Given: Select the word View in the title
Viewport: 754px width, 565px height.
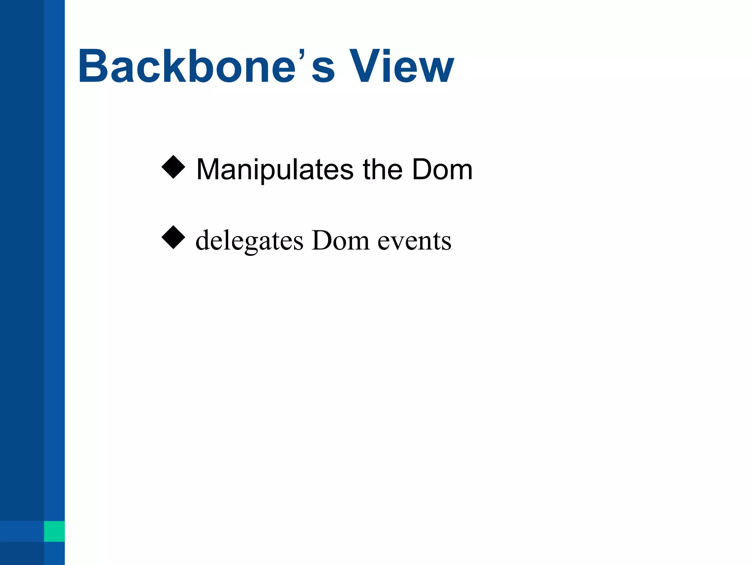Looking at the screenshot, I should (401, 67).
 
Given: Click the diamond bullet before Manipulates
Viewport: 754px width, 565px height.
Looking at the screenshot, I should (173, 167).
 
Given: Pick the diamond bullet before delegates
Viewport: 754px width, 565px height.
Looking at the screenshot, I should (173, 238).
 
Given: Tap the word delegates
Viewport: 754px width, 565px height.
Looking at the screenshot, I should (249, 241).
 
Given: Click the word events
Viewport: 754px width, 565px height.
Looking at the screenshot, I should (415, 241).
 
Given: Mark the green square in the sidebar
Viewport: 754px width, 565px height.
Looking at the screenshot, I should (54, 531).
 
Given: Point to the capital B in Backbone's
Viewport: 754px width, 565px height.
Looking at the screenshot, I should (92, 67).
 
